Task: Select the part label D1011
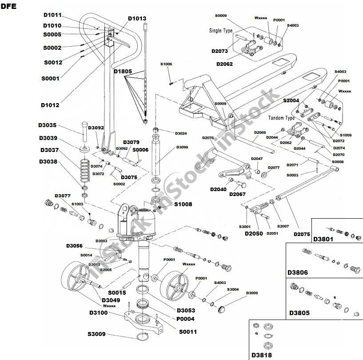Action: pos(52,15)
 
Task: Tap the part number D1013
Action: pos(137,19)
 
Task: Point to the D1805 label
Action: pos(123,71)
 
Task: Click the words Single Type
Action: pos(221,31)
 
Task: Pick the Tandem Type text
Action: pos(282,119)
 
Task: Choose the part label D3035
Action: pos(48,125)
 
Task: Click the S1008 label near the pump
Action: pos(183,204)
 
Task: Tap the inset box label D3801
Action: pos(323,239)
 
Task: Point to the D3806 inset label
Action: pos(298,272)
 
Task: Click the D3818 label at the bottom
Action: pos(261,355)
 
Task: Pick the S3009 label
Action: pos(97,334)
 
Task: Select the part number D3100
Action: pos(99,313)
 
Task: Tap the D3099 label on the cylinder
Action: pos(182,148)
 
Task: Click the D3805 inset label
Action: pos(299,313)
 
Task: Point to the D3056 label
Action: pos(76,246)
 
